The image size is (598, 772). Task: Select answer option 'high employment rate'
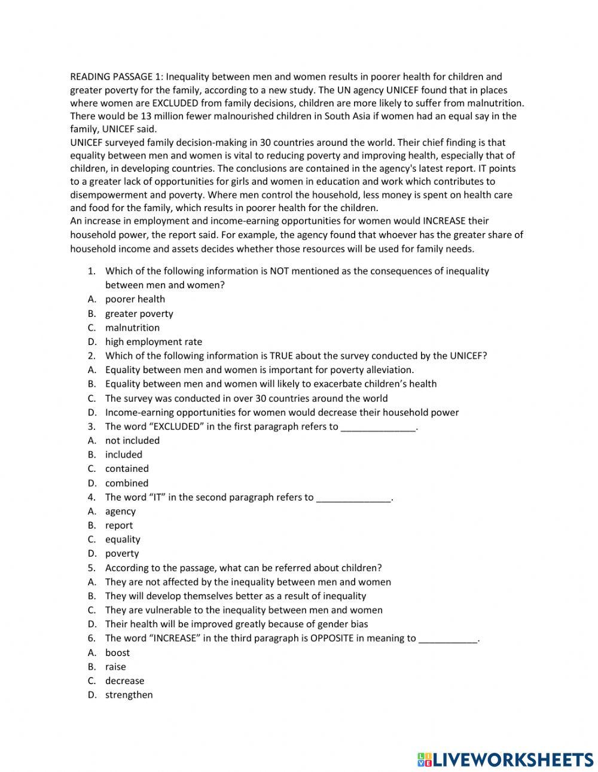tap(154, 341)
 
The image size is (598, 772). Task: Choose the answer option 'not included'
tap(132, 440)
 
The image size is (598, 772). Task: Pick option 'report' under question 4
tap(119, 525)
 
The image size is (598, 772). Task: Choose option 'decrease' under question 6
tap(124, 681)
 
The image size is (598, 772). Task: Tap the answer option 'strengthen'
tap(129, 695)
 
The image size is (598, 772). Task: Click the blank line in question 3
tap(378, 427)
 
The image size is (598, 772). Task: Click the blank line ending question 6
tap(448, 639)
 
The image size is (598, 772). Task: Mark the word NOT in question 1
tap(280, 271)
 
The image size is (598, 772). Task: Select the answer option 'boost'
tap(117, 652)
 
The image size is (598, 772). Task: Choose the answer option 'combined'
tap(127, 483)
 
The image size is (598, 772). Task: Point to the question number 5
tap(91, 567)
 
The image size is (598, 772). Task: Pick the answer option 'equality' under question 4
tap(123, 539)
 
